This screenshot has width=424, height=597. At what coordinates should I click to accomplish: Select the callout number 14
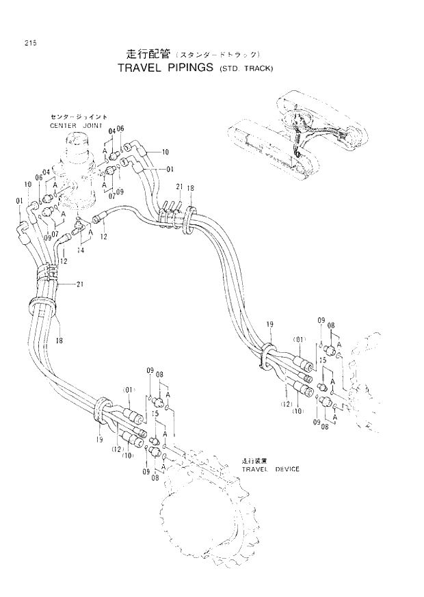(81, 250)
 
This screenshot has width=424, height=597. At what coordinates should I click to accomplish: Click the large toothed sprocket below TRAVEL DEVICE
(198, 520)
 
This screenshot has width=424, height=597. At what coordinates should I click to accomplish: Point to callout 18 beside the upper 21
(191, 187)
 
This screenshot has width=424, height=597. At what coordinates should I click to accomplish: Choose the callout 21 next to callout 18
(178, 186)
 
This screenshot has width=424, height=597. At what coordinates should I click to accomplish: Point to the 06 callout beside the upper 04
(120, 129)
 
